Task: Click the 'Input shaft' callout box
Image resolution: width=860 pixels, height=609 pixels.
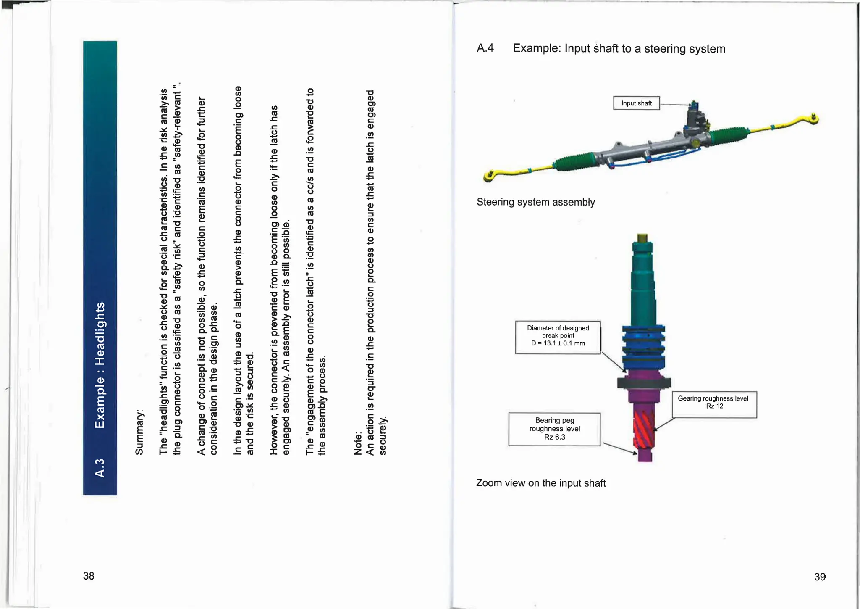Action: coord(636,103)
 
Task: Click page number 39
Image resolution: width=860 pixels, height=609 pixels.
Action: coord(820,577)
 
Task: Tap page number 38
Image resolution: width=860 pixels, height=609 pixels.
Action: coord(89,576)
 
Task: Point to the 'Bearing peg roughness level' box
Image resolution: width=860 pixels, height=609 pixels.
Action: coord(554,429)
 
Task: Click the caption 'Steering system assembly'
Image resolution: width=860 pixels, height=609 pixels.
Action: coord(535,202)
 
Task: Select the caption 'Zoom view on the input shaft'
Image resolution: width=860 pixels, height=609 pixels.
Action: coord(541,483)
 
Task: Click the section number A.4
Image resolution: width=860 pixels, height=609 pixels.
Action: coord(485,48)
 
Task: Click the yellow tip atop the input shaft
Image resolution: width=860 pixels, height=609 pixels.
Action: coord(642,238)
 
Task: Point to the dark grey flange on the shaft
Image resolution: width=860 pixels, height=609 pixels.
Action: coord(644,382)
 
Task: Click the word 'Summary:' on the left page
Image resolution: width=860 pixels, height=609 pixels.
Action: coord(139,432)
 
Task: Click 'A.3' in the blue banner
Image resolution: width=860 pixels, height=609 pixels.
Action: coord(100,468)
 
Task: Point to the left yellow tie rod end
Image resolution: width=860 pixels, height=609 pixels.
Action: coord(489,176)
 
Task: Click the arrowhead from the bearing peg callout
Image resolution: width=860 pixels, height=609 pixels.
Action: coord(635,453)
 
